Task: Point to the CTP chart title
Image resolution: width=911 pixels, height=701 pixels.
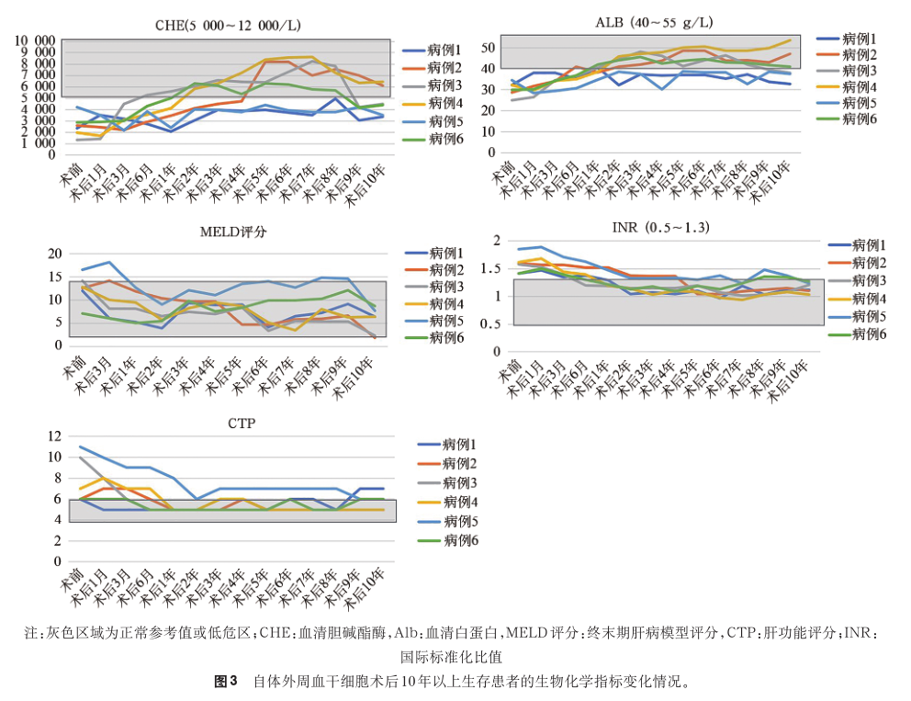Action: tap(229, 424)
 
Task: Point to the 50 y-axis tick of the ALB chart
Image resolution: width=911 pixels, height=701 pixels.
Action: tap(489, 48)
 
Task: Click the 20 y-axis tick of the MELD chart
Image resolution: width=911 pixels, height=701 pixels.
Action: tap(53, 254)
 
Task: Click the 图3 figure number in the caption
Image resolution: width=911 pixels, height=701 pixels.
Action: tap(226, 682)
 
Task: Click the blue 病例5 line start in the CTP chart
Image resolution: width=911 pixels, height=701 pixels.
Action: tap(80, 447)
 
